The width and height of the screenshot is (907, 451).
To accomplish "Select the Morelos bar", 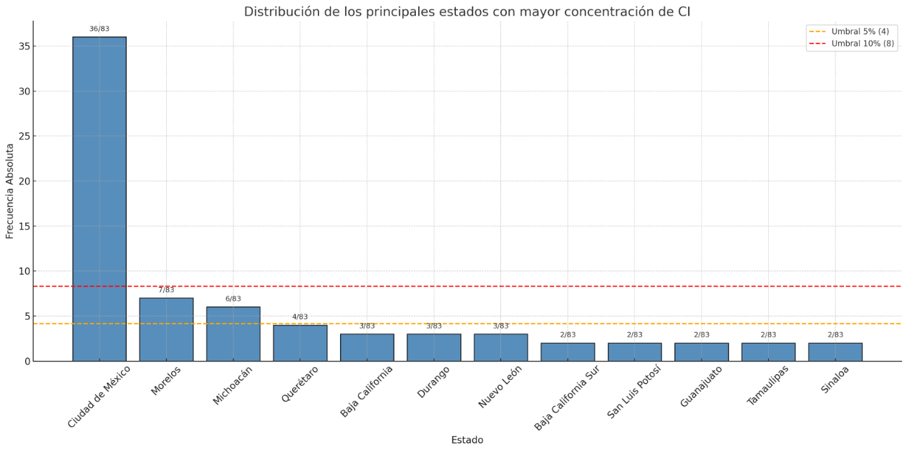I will [166, 329].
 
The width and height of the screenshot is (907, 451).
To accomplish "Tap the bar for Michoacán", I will [233, 334].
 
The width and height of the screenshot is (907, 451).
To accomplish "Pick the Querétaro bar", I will [300, 343].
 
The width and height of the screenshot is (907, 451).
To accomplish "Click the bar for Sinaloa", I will [835, 351].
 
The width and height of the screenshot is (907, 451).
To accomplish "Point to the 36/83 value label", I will [99, 29].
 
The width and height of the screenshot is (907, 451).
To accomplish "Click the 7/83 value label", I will [166, 290].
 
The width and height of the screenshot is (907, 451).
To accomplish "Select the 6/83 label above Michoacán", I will [233, 299].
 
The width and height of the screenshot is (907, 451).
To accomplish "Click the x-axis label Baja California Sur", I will [567, 397].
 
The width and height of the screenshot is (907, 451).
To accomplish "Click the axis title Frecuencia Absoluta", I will [10, 191].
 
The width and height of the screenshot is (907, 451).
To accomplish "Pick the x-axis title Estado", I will [467, 440].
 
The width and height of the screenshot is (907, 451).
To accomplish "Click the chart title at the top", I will [467, 11].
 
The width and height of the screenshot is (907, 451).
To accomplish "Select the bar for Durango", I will [434, 347].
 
